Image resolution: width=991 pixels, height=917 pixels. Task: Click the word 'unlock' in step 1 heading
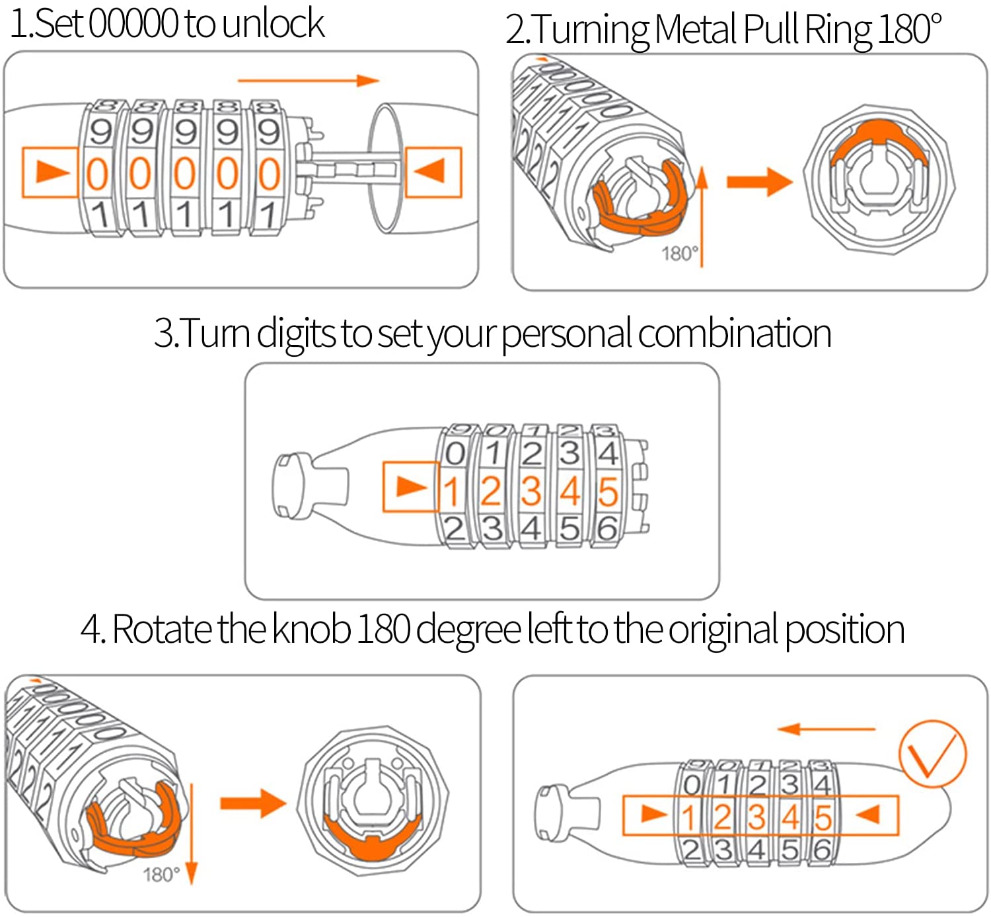point(273,24)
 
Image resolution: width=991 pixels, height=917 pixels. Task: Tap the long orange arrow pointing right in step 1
point(308,81)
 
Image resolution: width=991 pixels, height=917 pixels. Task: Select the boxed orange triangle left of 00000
point(50,172)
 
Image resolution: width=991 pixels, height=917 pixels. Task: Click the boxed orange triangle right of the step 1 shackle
point(433,171)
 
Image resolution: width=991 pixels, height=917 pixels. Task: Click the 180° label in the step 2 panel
point(679,254)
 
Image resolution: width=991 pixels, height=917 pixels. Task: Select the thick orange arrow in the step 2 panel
point(758,181)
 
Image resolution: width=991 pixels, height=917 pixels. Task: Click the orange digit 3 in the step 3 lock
point(531,492)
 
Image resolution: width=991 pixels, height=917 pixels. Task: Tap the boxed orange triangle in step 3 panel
point(410,487)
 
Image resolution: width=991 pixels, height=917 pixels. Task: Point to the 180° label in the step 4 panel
point(161,875)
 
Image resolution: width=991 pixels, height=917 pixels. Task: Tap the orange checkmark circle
point(932,754)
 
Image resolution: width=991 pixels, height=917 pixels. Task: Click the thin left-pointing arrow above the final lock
point(826,729)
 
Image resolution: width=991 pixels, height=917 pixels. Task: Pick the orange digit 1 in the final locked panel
point(689,818)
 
